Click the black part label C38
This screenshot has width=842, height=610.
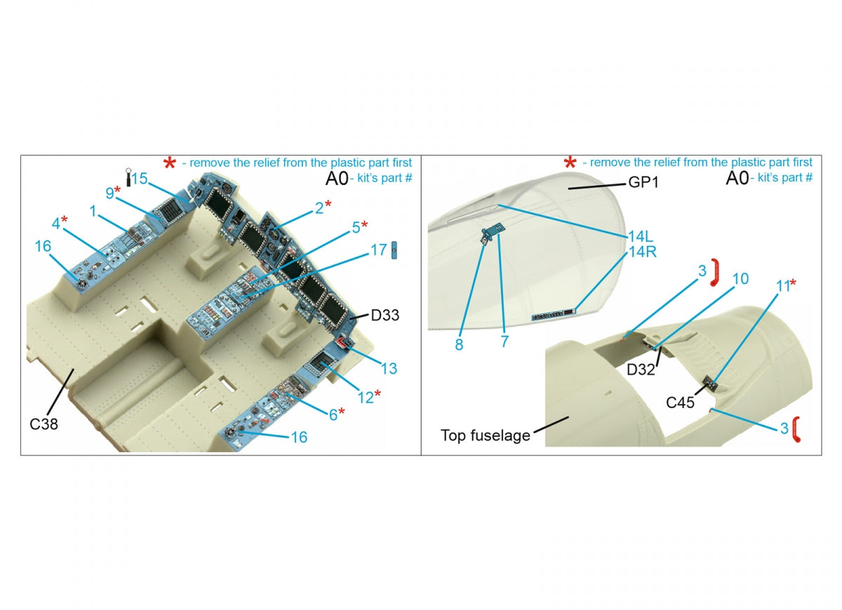coord(44,424)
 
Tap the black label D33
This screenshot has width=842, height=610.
coord(385,316)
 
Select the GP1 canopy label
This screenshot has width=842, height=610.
coord(643,182)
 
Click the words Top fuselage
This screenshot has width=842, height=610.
coord(486,435)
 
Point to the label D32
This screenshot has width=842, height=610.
coord(641,370)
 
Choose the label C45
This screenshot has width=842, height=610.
coord(680,402)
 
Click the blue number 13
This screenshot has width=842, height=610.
coord(389,369)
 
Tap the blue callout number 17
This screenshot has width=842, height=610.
coord(378,250)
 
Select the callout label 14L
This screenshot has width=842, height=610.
coord(641,237)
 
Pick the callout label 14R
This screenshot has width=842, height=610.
coord(643,252)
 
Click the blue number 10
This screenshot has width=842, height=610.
coord(740,279)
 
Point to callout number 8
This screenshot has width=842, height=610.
coord(459,344)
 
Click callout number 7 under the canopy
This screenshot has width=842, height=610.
coord(504,341)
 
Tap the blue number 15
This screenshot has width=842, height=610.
coord(140,179)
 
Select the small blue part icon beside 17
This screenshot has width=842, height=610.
coord(394,250)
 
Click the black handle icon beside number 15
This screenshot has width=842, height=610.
coord(128,177)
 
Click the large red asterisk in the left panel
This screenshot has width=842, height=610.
coord(170,163)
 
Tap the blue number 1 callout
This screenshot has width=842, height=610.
coord(93,211)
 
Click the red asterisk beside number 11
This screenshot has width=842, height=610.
coord(793,282)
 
